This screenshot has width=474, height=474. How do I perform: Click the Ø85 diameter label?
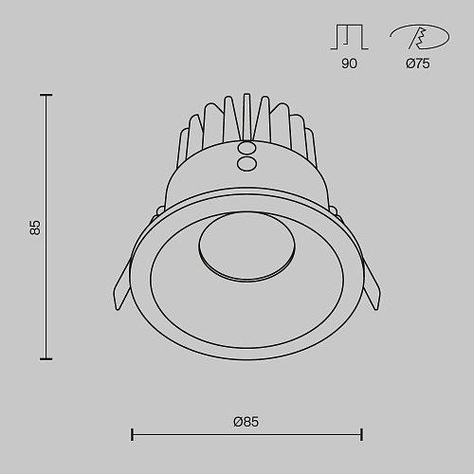click(x=246, y=422)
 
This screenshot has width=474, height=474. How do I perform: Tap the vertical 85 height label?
click(x=35, y=228)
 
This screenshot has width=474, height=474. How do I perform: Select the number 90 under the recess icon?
click(x=349, y=64)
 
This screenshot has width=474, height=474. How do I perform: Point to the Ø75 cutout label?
click(x=418, y=64)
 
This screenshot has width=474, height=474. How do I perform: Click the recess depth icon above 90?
click(x=349, y=37)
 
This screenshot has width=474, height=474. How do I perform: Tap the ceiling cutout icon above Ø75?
click(x=420, y=37)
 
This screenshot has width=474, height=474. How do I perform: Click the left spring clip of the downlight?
click(x=121, y=284)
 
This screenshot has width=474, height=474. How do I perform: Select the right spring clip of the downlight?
click(x=372, y=284)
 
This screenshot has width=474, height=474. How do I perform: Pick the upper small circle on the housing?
click(x=246, y=148)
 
